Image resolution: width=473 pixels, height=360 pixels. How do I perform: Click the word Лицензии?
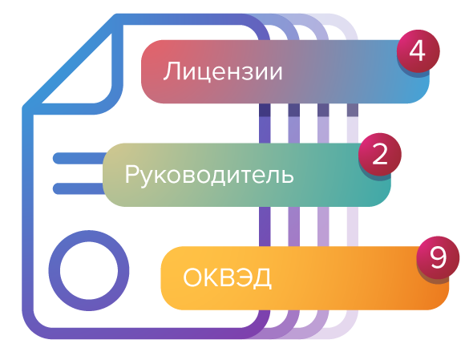point(223,71)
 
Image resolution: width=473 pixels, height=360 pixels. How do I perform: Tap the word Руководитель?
point(209,175)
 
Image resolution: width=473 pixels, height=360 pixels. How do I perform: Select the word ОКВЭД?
point(227,277)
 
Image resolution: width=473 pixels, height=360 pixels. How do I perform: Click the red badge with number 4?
point(418,51)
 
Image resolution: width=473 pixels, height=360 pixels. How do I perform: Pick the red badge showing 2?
point(380,154)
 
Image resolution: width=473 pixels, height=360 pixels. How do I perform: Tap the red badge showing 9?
point(438,257)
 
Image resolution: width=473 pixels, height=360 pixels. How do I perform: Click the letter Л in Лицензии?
point(172,71)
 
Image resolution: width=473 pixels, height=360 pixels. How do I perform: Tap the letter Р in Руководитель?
point(131,174)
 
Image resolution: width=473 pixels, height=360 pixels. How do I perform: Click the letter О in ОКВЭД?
point(193,277)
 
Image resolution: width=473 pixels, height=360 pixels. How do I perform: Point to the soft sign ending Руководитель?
point(288,176)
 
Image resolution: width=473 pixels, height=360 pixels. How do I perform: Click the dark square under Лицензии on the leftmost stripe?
point(265,110)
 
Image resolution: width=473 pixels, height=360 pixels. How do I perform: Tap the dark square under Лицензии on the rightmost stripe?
point(353,110)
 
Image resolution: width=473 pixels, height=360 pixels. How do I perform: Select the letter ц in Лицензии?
point(208,74)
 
